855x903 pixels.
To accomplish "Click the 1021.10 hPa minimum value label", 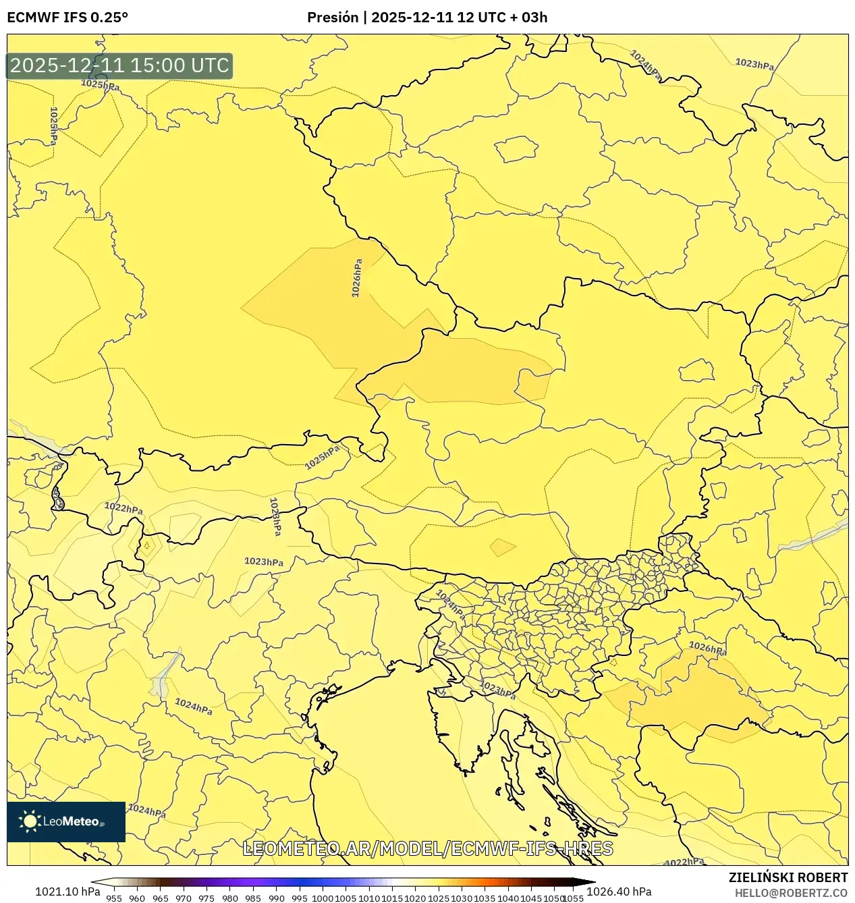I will pyautogui.click(x=67, y=892).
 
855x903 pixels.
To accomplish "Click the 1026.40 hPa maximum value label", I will pyautogui.click(x=619, y=892).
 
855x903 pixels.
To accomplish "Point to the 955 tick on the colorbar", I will pyautogui.click(x=114, y=898).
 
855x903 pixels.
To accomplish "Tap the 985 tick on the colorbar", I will pyautogui.click(x=253, y=898).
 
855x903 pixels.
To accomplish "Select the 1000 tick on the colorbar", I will pyautogui.click(x=323, y=898).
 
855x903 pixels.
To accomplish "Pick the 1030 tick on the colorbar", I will pyautogui.click(x=462, y=898).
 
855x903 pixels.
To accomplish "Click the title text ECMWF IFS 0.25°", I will pyautogui.click(x=67, y=18).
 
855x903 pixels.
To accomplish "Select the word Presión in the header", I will pyautogui.click(x=332, y=18).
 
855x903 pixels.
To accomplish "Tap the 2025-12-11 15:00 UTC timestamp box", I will pyautogui.click(x=119, y=65).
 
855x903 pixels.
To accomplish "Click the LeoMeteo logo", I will pyautogui.click(x=66, y=821).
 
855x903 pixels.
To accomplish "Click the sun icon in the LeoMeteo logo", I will pyautogui.click(x=30, y=821).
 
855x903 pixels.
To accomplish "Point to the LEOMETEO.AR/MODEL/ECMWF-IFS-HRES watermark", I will pyautogui.click(x=427, y=848).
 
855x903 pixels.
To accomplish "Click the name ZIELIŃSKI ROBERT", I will pyautogui.click(x=788, y=877).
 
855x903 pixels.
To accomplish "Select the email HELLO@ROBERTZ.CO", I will pyautogui.click(x=791, y=893).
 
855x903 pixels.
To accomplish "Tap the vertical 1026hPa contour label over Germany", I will pyautogui.click(x=357, y=278).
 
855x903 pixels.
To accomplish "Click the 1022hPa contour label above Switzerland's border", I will pyautogui.click(x=123, y=508).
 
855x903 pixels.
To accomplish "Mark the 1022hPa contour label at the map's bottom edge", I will pyautogui.click(x=684, y=862).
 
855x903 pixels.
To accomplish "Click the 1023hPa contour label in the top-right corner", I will pyautogui.click(x=754, y=64).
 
